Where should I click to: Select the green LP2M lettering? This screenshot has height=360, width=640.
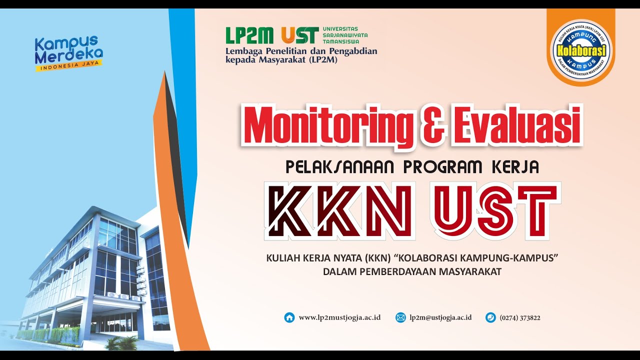pos(249,35)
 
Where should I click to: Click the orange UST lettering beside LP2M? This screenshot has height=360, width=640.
pos(300,35)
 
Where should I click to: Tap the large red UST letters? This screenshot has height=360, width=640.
pos(496,210)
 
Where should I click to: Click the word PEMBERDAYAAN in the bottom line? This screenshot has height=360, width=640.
pos(396,272)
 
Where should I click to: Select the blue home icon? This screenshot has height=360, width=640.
pos(289,317)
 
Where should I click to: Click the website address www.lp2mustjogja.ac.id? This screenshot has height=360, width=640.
pos(339,317)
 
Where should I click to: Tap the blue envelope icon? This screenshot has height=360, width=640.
pos(400,317)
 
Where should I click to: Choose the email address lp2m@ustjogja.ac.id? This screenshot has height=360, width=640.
pos(440,317)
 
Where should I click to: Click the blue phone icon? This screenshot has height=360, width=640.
pos(490,317)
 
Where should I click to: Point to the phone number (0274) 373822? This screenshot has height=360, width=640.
pos(520,317)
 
